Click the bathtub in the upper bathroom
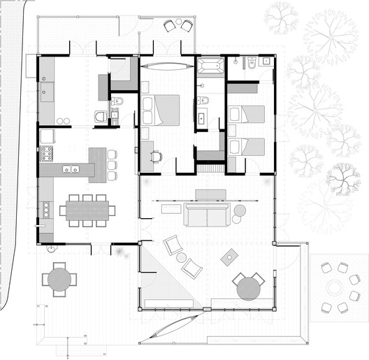tap(210, 67)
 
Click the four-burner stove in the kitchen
tap(48, 153)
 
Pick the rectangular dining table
tap(87, 209)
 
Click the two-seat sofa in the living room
tap(207, 216)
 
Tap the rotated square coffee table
tap(229, 259)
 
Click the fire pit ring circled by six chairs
tap(334, 287)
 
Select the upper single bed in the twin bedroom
tap(245, 114)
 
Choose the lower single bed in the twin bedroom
tap(245, 147)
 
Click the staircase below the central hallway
tap(209, 168)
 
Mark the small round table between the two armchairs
tap(182, 257)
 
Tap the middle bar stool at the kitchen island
tap(112, 164)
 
